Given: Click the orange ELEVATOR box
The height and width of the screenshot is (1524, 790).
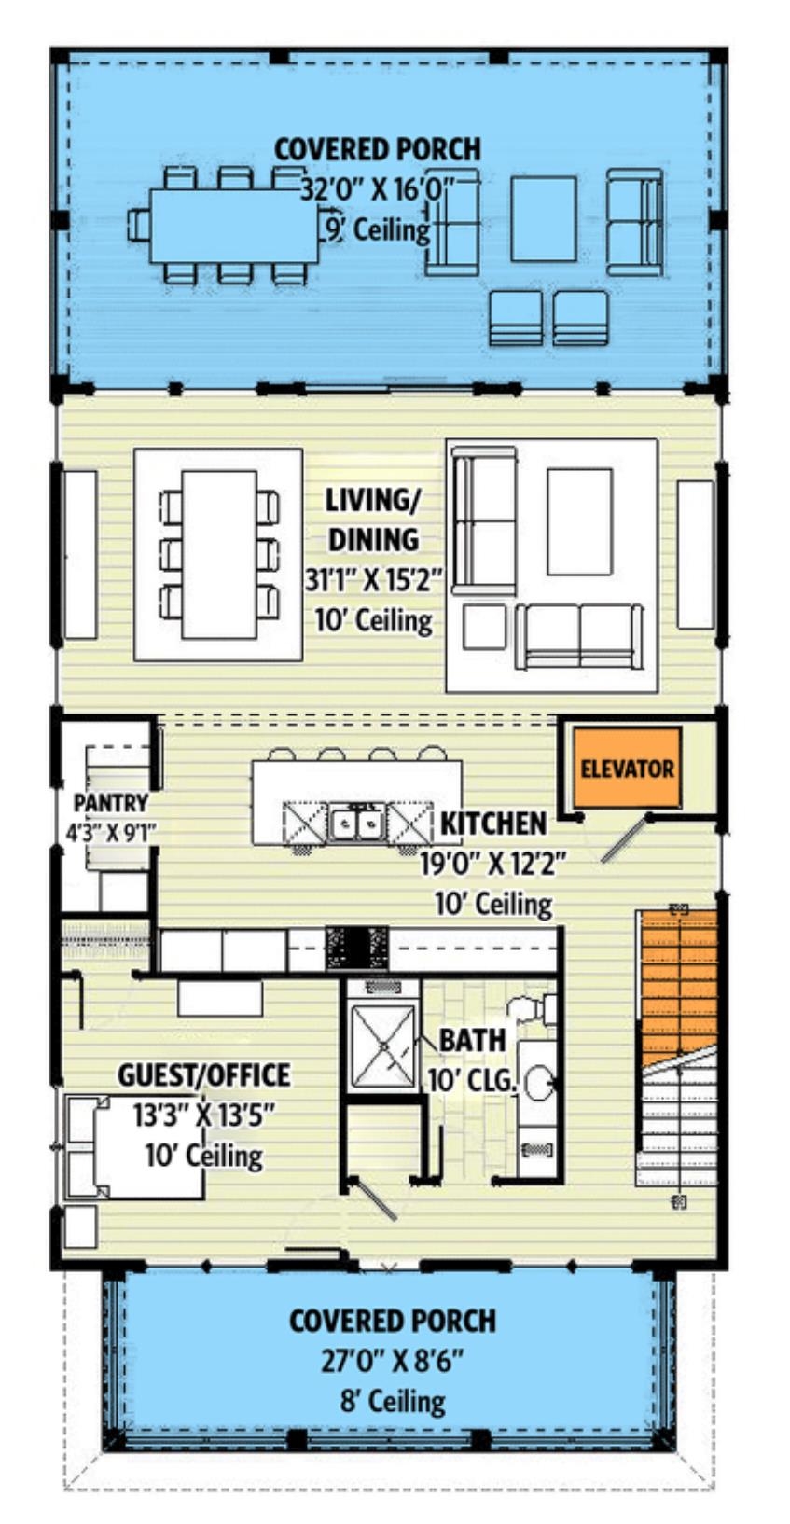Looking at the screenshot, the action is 627,768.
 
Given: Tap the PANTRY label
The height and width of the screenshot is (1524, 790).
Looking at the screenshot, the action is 111,803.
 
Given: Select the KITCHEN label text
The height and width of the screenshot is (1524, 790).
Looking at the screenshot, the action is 493,824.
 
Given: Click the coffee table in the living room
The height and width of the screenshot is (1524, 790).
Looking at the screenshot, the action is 580,521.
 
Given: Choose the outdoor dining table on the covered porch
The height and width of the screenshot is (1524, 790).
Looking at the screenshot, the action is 234,226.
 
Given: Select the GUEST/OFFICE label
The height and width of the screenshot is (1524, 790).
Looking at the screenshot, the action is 204,1074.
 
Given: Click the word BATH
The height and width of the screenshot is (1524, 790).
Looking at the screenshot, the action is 473,1040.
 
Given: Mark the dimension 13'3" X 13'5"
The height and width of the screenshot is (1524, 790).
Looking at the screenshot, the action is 203,1115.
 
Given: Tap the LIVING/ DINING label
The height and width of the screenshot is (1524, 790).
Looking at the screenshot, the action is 374,520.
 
